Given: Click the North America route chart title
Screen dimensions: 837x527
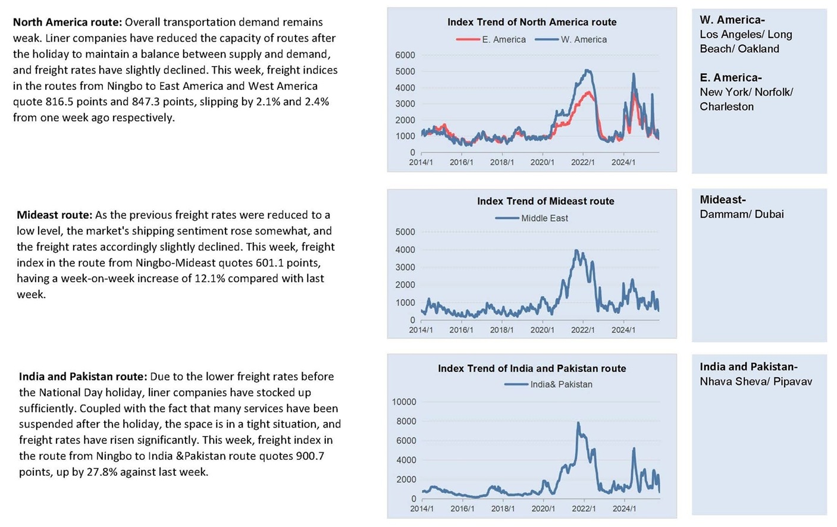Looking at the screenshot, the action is pyautogui.click(x=532, y=22).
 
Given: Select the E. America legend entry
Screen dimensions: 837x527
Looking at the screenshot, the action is pyautogui.click(x=491, y=40).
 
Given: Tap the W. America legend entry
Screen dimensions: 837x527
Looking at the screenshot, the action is pyautogui.click(x=571, y=40).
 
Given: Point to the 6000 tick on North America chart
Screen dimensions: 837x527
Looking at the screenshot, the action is pyautogui.click(x=405, y=55).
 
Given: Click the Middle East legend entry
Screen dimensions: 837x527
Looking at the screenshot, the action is pyautogui.click(x=531, y=218).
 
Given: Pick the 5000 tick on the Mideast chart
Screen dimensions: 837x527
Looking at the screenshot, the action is pyautogui.click(x=405, y=232).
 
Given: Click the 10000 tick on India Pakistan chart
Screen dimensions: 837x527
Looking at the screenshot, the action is pyautogui.click(x=403, y=402).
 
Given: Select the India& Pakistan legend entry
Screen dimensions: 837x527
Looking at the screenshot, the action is pyautogui.click(x=548, y=384).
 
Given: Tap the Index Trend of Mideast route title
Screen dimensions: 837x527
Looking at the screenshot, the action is pyautogui.click(x=546, y=201).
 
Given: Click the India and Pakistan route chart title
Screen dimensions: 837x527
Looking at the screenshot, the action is pyautogui.click(x=532, y=369).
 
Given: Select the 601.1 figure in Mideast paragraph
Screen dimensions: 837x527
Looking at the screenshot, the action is pyautogui.click(x=269, y=263).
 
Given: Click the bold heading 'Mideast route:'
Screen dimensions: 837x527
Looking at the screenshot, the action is pyautogui.click(x=55, y=215).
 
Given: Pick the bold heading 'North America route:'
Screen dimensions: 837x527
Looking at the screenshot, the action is pyautogui.click(x=68, y=23).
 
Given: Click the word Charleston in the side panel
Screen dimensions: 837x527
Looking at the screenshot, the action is pyautogui.click(x=726, y=107).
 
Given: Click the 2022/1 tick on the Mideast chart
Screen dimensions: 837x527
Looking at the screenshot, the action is pyautogui.click(x=582, y=330).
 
